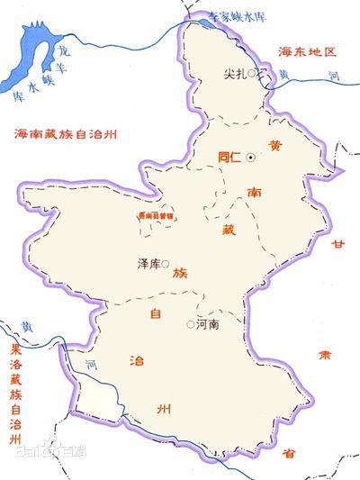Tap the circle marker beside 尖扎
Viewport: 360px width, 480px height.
click(255, 74)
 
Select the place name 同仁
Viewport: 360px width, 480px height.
click(229, 157)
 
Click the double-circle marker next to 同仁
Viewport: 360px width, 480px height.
click(250, 157)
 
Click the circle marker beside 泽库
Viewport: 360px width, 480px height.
click(166, 263)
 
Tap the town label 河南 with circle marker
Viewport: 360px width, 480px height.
click(207, 323)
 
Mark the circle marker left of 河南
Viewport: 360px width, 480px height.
click(190, 323)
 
